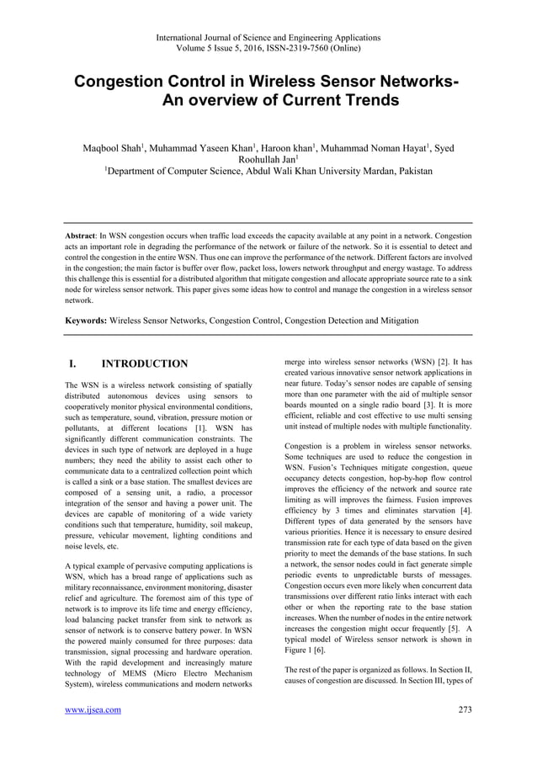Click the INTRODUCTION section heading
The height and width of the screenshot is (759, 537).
click(144, 364)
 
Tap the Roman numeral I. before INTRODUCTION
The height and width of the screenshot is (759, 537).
click(74, 364)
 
